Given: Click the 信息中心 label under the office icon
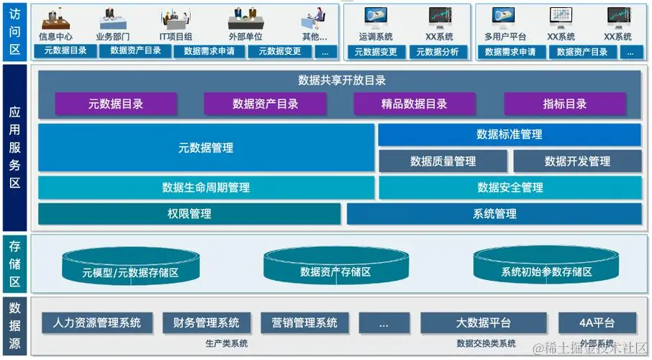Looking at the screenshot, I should coord(55,36).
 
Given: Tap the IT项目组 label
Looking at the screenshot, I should coord(176,36).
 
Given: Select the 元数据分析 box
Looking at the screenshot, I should coord(438,52).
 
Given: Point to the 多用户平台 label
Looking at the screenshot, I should coord(505,36).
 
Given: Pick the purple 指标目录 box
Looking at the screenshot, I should coord(565,104).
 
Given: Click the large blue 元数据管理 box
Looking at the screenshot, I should coord(206,148).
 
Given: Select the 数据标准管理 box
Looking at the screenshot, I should coord(510,135).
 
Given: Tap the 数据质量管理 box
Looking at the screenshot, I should coord(443,161).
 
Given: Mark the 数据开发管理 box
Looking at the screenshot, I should coord(577,161).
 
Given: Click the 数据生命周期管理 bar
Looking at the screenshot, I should coord(206,188).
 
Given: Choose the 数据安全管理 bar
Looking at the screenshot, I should coord(510,188).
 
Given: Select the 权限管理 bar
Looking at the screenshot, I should coord(189,214).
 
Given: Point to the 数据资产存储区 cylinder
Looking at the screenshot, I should coord(335,271).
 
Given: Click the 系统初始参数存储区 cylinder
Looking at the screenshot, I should coord(546,271).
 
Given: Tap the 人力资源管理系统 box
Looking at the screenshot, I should coord(97,322).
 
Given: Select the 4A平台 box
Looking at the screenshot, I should coord(597,322).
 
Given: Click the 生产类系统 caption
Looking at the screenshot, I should coord(226,343).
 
